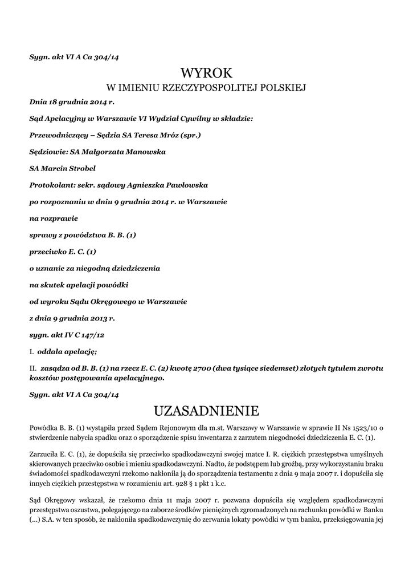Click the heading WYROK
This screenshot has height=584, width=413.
[206, 72]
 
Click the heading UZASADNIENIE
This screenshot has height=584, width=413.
[206, 411]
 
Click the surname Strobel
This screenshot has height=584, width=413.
[80, 169]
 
